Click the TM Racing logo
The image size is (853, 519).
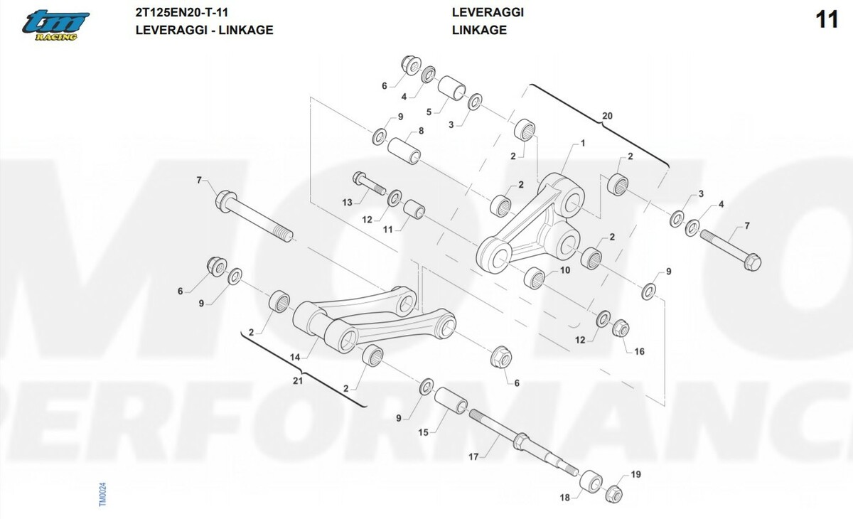click(55, 26)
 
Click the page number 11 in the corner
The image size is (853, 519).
click(827, 21)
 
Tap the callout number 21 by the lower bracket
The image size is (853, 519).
click(299, 382)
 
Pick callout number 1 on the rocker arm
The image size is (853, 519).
click(583, 143)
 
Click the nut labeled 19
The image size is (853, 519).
click(615, 492)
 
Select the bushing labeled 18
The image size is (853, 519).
click(590, 481)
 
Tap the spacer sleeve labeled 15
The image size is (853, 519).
click(451, 402)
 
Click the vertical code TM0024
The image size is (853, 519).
click(102, 492)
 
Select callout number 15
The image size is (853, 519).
click(422, 432)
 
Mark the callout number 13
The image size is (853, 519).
click(347, 203)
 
